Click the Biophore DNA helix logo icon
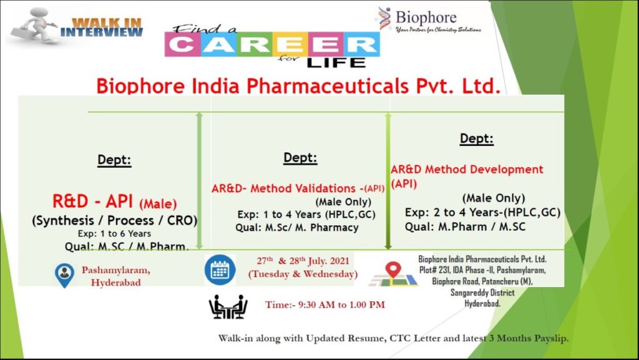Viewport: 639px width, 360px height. [384, 18]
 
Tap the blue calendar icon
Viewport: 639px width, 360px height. [220, 270]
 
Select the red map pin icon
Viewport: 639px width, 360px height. [393, 270]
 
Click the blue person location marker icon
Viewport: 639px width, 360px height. [64, 275]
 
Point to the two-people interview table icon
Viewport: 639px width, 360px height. [228, 306]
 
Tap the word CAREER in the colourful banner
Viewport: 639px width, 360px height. [272, 44]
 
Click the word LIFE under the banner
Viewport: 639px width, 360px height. [336, 63]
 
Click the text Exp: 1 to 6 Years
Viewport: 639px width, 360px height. [115, 234]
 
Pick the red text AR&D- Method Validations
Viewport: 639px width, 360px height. [284, 188]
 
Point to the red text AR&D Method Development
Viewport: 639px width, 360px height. [467, 170]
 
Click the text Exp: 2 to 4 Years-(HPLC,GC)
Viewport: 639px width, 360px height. [482, 212]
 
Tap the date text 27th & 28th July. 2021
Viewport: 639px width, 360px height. [303, 261]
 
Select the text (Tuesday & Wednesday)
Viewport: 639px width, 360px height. [303, 274]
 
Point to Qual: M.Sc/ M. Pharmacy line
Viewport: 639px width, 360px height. [297, 228]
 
